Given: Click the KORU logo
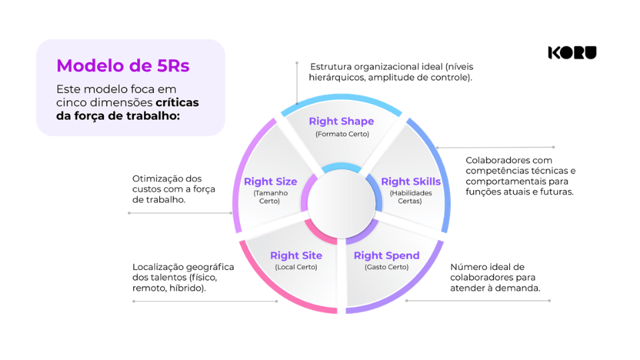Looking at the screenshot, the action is (x=572, y=53).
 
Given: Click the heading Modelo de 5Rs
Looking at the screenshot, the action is (x=123, y=65).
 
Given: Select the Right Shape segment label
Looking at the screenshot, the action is (x=341, y=121).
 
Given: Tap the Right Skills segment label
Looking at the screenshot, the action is (x=411, y=181).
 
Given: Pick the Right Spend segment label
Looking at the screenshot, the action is (x=387, y=255).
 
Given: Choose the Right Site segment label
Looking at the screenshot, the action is (x=296, y=255).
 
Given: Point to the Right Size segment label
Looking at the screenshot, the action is (x=270, y=181).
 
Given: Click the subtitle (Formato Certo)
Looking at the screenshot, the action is (x=342, y=134).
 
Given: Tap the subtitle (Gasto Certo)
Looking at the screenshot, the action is (x=387, y=267).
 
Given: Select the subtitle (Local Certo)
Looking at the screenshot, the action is (x=296, y=267).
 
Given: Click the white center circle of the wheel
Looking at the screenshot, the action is (x=341, y=203).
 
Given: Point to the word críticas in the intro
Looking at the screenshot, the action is (x=177, y=102).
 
